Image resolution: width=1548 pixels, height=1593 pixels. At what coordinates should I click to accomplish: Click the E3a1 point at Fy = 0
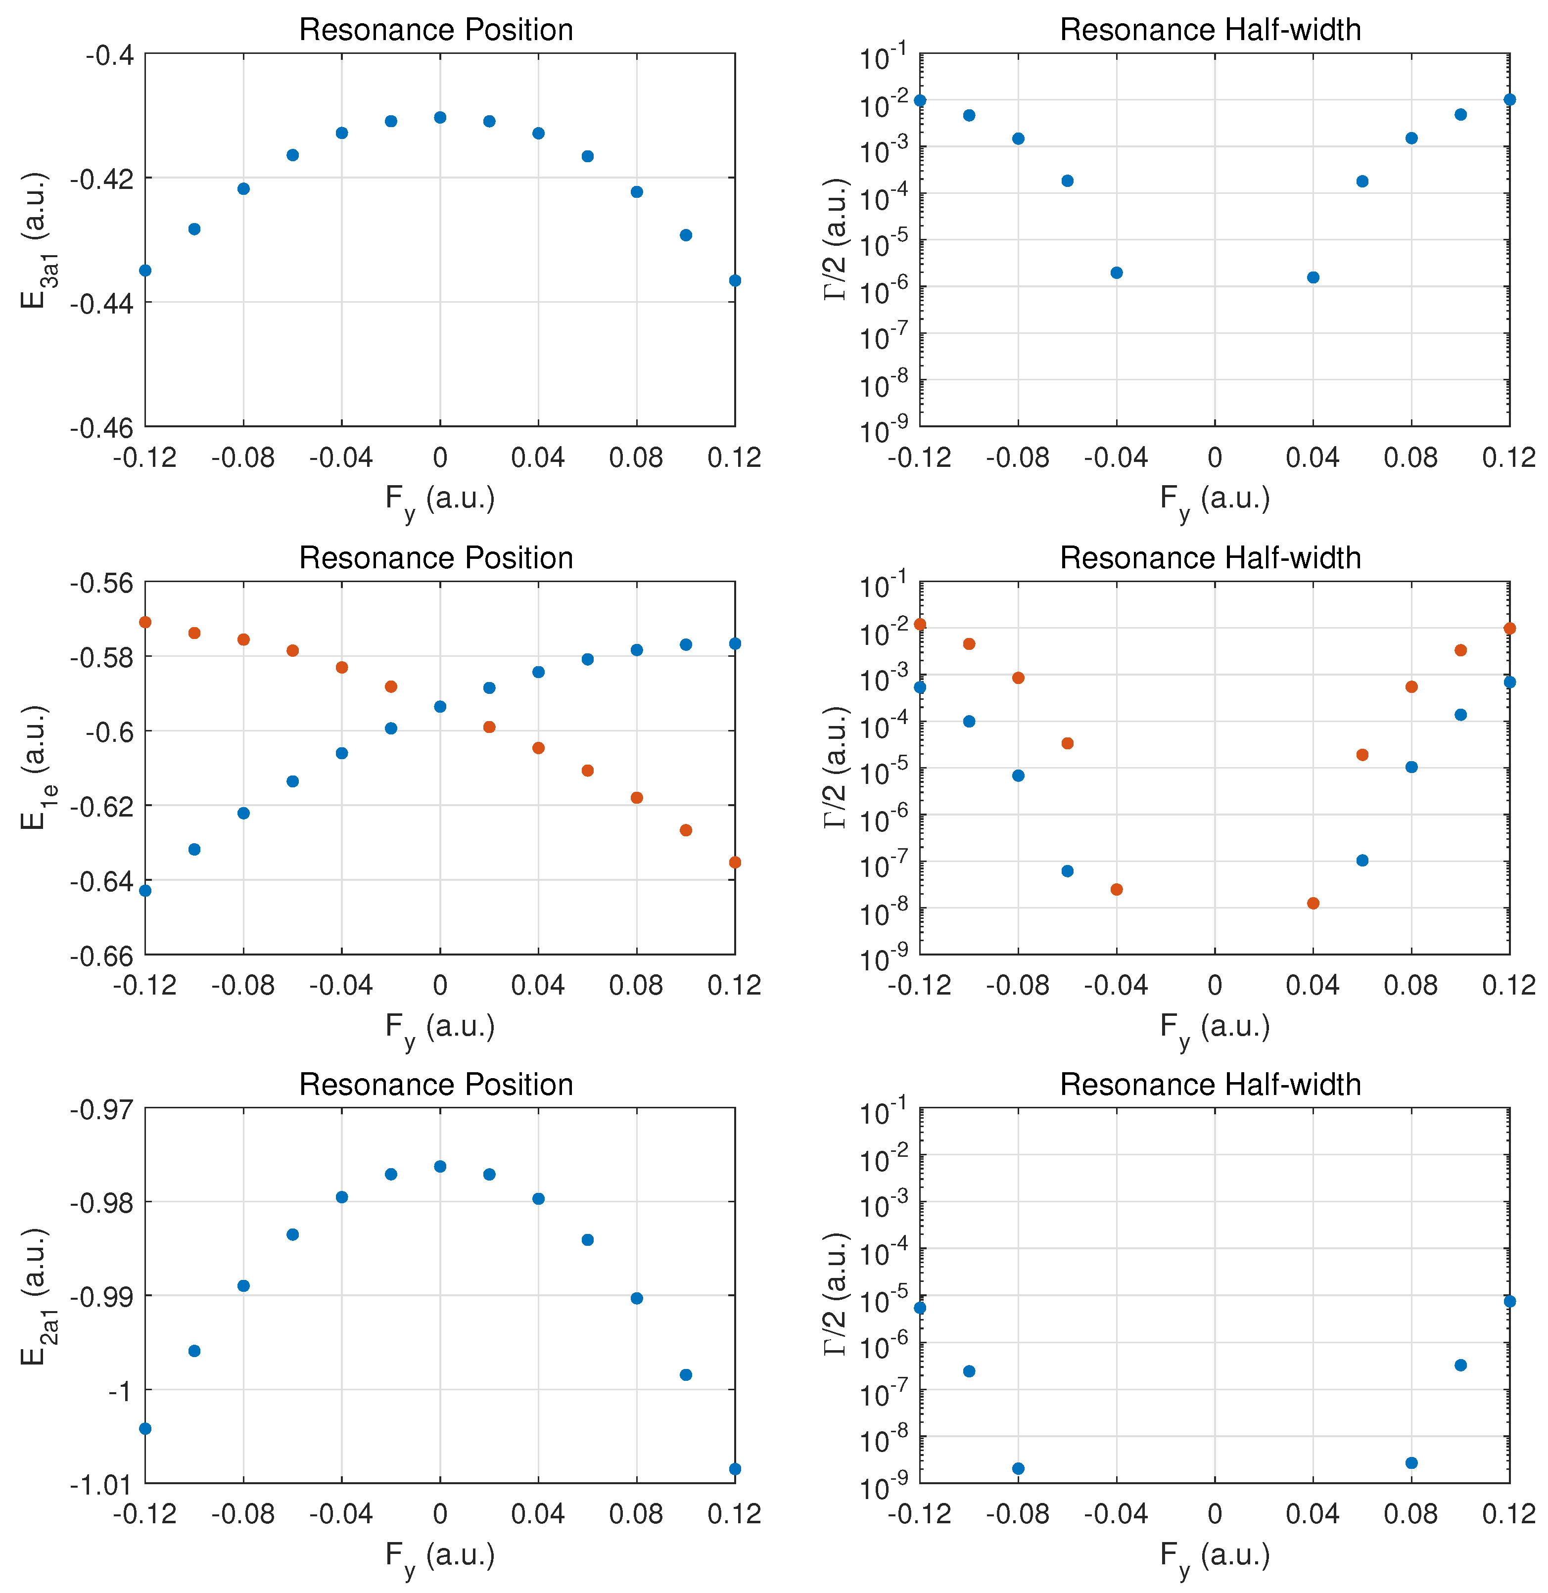440,117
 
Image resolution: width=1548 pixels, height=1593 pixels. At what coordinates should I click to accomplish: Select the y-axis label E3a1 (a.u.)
34,240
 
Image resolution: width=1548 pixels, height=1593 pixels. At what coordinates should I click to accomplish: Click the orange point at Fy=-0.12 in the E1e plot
145,622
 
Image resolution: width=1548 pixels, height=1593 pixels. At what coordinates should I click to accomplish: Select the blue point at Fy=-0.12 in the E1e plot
145,890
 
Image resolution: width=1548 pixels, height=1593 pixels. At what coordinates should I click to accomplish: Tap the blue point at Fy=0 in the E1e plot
440,706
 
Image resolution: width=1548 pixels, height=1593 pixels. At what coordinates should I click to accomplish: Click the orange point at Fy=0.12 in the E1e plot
735,862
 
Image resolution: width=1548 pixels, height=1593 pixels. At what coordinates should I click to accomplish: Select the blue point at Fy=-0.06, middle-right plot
1068,870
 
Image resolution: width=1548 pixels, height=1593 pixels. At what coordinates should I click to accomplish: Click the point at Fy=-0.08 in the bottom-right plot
1018,1468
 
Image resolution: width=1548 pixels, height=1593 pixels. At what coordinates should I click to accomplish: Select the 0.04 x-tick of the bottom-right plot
1312,1513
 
